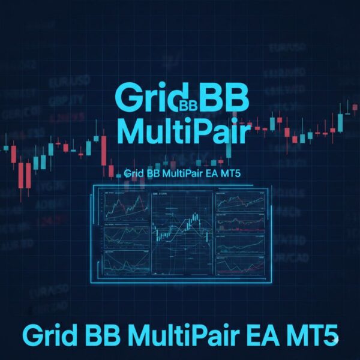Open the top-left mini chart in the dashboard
coord(126,205)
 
